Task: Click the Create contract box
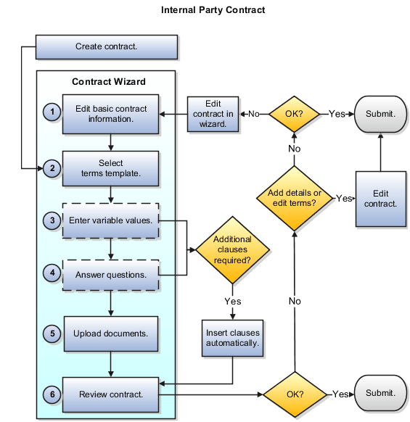coord(107,47)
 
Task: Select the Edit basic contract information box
coord(110,115)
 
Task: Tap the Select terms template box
coord(110,168)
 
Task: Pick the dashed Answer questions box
coord(110,275)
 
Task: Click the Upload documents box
coord(110,334)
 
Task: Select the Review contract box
coord(110,394)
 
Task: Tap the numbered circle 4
coord(52,273)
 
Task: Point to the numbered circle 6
coord(52,394)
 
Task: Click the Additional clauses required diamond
coord(232,249)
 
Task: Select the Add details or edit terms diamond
coord(294,198)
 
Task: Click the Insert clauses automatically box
coord(232,337)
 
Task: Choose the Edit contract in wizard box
coord(213,114)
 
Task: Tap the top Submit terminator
coord(380,114)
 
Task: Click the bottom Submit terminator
coord(380,393)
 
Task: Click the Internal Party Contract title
coord(213,10)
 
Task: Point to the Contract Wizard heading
coord(109,82)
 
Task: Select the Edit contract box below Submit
coord(380,198)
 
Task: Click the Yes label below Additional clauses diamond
coord(233,301)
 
